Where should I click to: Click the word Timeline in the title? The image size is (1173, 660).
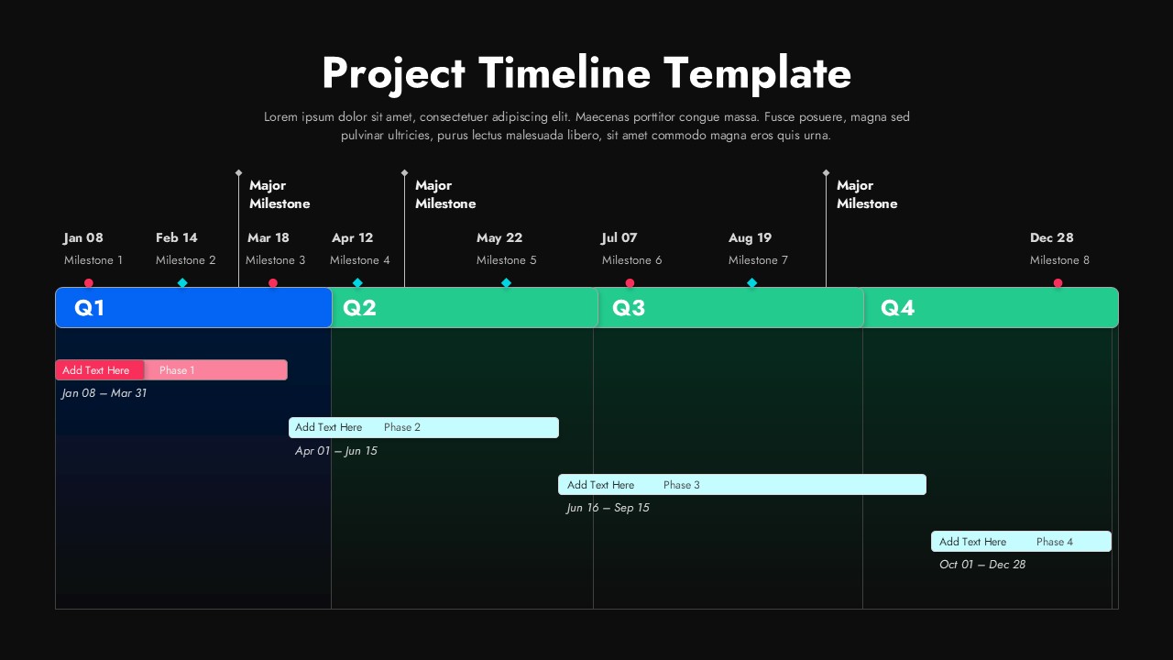(565, 72)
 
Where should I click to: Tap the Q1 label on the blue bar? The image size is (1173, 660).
(90, 307)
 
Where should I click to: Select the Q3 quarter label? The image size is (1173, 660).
(629, 307)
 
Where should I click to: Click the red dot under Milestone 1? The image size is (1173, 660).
(89, 283)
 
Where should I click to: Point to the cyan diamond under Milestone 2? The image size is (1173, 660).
(182, 283)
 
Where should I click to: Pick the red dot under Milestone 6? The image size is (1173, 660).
(630, 283)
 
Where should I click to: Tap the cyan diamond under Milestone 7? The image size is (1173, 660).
(752, 283)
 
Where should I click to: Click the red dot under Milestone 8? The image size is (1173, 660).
(1058, 283)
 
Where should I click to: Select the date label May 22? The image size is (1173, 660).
(499, 237)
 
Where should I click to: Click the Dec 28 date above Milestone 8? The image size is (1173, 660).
(1051, 237)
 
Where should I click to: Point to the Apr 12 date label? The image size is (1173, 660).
(353, 237)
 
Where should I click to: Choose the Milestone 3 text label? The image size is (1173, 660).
(276, 259)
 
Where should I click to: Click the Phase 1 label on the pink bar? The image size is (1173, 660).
(177, 370)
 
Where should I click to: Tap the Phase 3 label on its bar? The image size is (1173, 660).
(681, 485)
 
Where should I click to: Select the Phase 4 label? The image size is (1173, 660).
(1055, 542)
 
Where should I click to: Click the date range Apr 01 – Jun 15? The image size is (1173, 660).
(335, 451)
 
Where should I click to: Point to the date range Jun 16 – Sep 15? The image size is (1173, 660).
(608, 508)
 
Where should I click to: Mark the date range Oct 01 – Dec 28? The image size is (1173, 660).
(982, 565)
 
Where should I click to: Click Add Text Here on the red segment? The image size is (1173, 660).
(96, 370)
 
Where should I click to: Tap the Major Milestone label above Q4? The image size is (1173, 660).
(867, 194)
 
